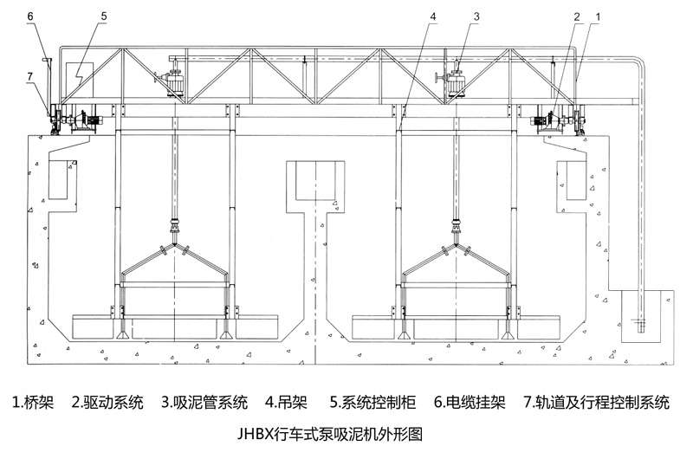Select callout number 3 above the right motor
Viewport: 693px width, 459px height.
(x=476, y=16)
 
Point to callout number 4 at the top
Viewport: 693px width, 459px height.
(x=431, y=16)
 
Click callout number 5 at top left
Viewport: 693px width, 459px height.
(x=103, y=16)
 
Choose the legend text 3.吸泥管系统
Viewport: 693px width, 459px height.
(x=204, y=403)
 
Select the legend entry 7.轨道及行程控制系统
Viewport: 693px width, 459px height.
(x=597, y=403)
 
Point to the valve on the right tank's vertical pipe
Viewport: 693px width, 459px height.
(x=456, y=228)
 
